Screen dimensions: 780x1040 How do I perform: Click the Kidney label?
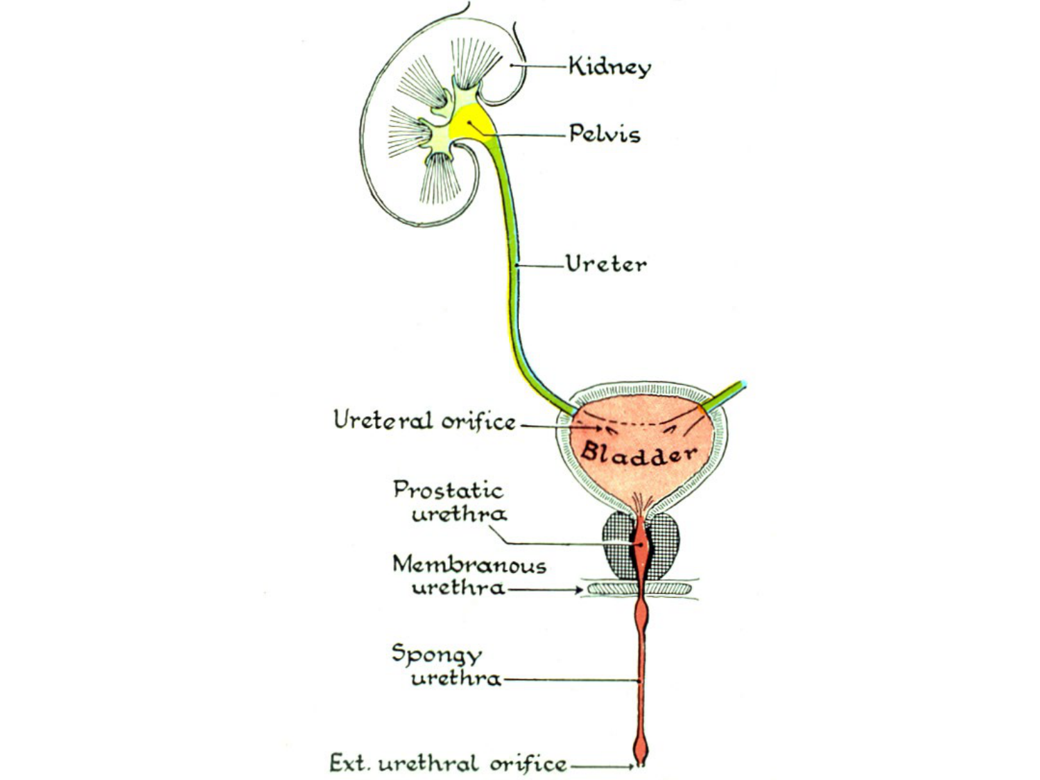coord(609,67)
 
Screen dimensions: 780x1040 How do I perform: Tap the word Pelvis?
coord(604,133)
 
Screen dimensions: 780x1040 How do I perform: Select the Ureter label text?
coord(605,263)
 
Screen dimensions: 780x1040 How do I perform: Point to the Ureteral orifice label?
coord(424,421)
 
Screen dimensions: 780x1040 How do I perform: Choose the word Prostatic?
coord(448,490)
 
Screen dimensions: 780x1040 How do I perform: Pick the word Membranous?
coord(469,564)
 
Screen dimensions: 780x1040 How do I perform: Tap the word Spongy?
coord(437,655)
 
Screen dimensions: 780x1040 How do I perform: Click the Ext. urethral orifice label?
coord(447,763)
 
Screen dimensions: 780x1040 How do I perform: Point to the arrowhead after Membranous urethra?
coord(579,590)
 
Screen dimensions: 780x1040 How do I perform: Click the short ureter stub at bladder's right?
coord(725,396)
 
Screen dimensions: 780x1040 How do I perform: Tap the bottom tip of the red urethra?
coord(641,763)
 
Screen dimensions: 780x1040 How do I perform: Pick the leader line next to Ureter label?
coord(541,265)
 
